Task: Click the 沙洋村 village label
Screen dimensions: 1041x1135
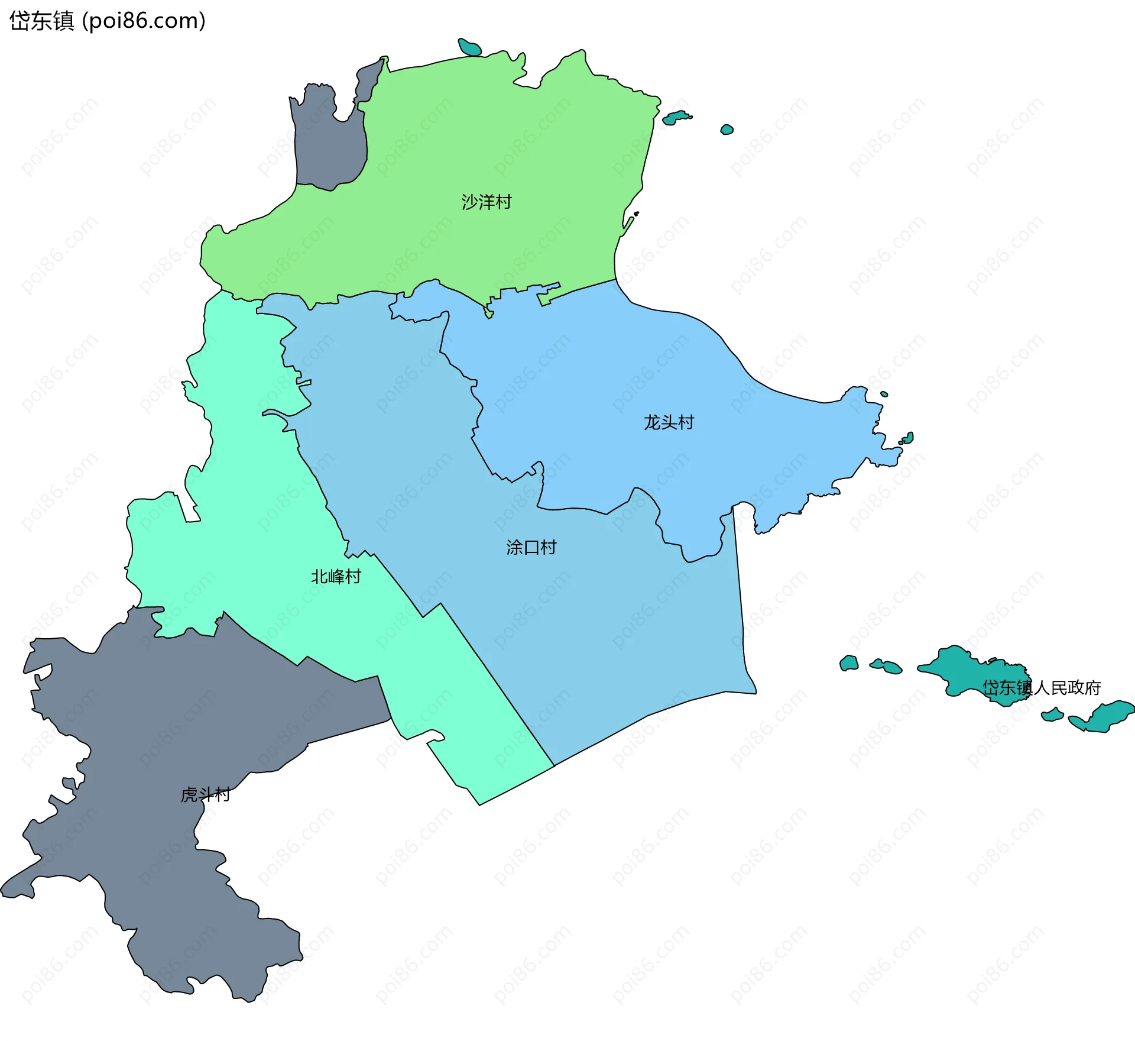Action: click(486, 202)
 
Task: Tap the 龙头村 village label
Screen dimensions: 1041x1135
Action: click(669, 422)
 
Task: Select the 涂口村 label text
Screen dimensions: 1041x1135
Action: click(531, 547)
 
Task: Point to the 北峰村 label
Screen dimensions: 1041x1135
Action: click(336, 576)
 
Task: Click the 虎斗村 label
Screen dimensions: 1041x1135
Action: click(205, 794)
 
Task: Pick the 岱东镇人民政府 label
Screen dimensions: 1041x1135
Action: click(1041, 687)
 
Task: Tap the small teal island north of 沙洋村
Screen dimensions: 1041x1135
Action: click(470, 47)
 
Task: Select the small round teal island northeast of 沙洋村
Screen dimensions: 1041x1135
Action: click(727, 130)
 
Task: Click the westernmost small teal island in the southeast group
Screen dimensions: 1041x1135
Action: click(849, 663)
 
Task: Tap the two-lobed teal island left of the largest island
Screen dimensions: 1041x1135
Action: click(887, 667)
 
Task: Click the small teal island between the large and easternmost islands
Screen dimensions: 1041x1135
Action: click(1052, 716)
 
